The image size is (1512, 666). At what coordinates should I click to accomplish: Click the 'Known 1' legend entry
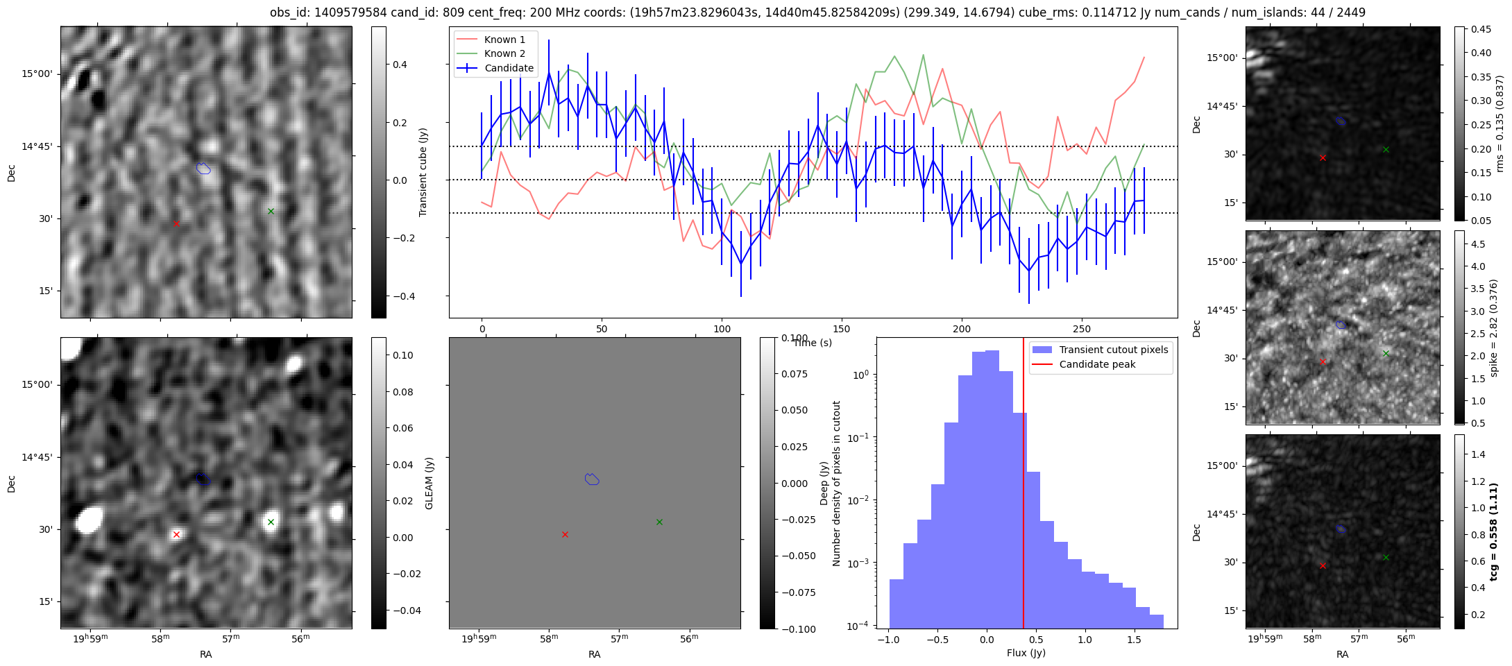point(504,40)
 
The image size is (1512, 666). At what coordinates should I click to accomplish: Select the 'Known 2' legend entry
point(504,53)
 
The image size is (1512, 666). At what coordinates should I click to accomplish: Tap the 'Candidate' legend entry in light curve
point(509,68)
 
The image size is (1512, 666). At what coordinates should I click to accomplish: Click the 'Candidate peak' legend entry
point(1097,364)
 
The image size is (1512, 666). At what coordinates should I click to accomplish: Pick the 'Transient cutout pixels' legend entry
point(1113,350)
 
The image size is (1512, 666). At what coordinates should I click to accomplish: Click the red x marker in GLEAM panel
point(176,534)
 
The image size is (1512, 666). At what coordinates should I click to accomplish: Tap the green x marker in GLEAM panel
point(271,522)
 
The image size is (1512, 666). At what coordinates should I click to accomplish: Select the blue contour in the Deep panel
point(592,479)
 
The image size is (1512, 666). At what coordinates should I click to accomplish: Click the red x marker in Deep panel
point(565,534)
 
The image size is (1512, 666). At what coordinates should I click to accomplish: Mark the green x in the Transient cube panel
point(271,211)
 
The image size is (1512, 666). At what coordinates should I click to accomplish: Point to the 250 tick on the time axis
point(1082,329)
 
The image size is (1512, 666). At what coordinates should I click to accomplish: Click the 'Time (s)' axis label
point(813,343)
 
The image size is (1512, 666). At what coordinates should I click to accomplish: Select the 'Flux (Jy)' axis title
point(1026,653)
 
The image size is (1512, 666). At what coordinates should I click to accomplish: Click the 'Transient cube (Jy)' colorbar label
point(423,172)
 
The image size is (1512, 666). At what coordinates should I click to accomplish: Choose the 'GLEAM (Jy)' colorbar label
point(429,483)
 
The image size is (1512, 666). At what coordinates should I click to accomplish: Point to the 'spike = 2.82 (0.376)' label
point(1494,327)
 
